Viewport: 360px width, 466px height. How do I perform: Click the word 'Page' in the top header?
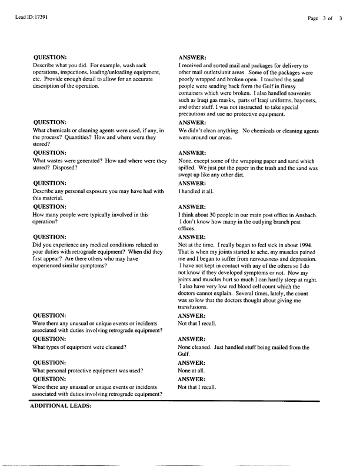[313, 19]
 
